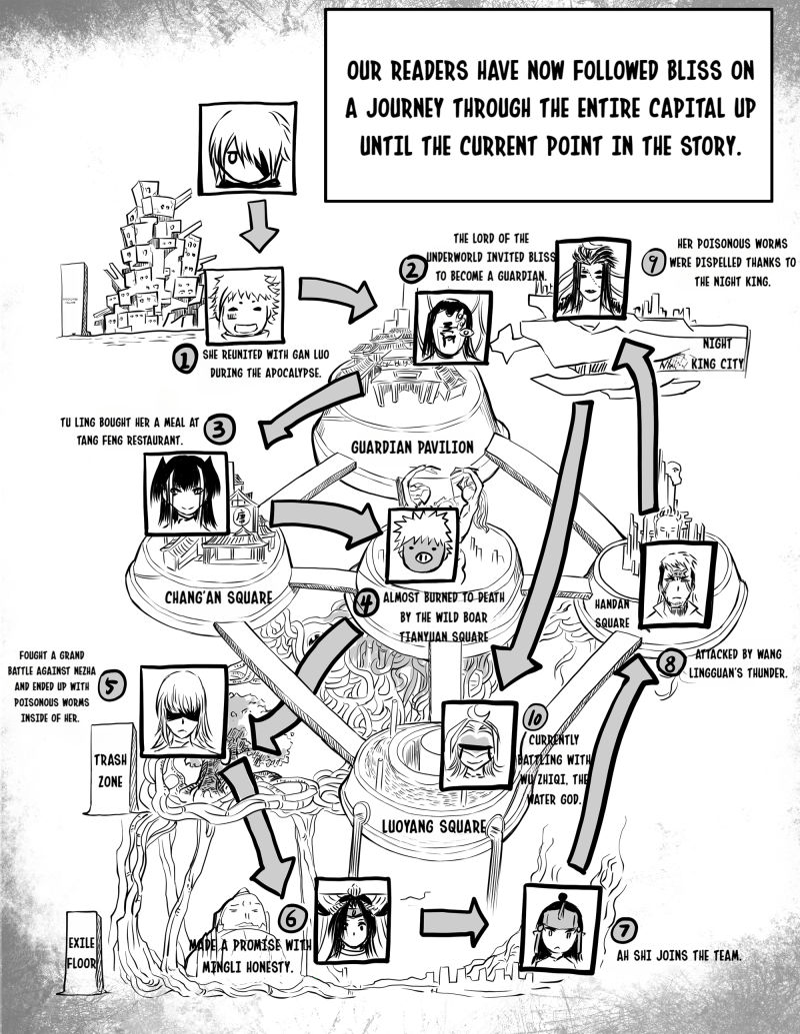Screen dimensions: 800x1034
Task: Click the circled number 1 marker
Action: [x=185, y=360]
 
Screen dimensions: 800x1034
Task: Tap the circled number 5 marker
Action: [x=112, y=686]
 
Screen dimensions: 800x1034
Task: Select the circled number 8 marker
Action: [x=670, y=663]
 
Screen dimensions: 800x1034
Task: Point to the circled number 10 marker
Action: [x=535, y=717]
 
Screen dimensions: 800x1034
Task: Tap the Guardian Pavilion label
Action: [x=413, y=448]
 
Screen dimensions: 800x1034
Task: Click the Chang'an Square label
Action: [x=218, y=597]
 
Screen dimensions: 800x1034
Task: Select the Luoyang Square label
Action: [x=434, y=826]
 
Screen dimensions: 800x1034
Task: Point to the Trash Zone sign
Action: [x=110, y=769]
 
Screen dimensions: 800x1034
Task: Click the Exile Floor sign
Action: [x=83, y=952]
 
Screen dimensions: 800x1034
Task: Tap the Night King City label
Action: [x=717, y=354]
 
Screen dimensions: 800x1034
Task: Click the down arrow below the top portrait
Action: [x=258, y=226]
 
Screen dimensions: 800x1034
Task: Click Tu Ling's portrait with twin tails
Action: [x=187, y=494]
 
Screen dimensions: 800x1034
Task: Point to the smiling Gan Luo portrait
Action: [x=244, y=306]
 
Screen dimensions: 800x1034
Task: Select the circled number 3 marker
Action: [x=219, y=430]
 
